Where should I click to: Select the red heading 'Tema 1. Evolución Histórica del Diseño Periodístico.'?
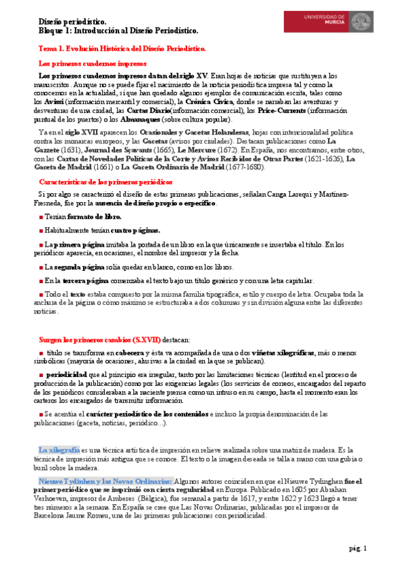pyautogui.click(x=121, y=49)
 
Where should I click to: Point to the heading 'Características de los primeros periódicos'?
pyautogui.click(x=106, y=182)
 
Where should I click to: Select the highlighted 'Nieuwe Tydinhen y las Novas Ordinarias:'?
pyautogui.click(x=105, y=480)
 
